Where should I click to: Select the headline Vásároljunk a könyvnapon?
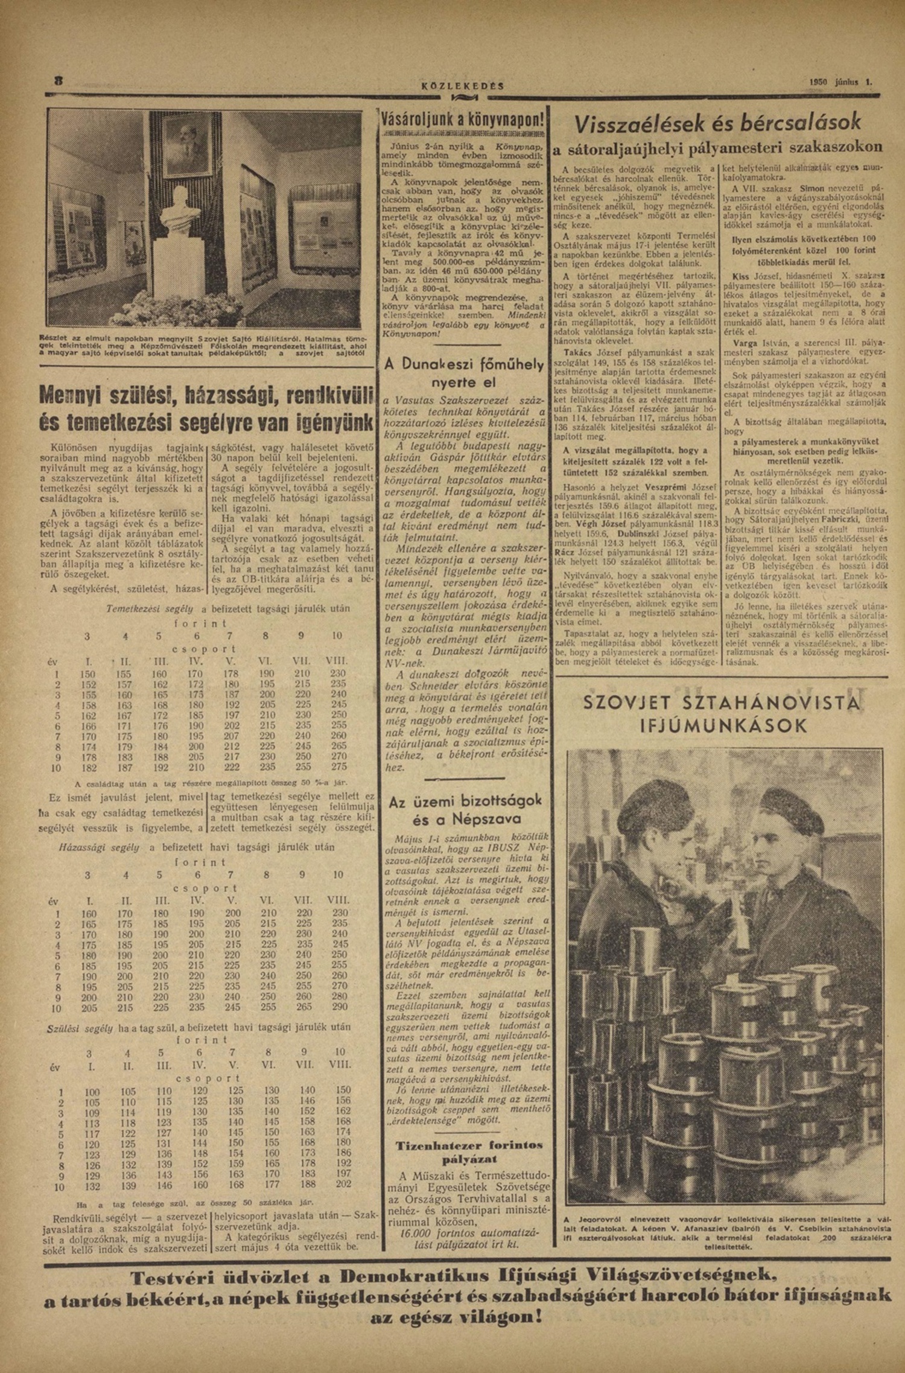(463, 121)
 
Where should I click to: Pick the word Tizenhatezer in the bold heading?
(436, 1145)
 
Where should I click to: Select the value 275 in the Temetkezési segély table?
(339, 766)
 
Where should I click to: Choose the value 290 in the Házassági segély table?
(340, 1008)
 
